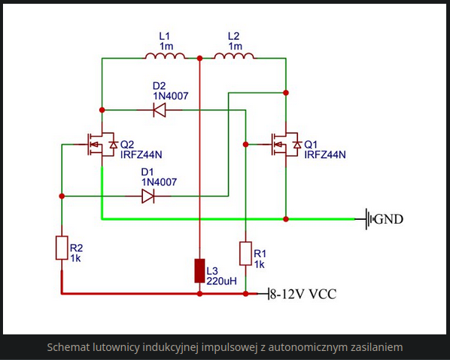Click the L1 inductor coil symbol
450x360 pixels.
tap(165, 56)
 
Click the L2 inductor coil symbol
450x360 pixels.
tap(234, 56)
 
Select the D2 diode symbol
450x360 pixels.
tap(160, 110)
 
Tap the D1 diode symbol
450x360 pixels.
tap(148, 197)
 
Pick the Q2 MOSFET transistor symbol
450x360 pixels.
tap(102, 145)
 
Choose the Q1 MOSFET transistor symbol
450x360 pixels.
tap(286, 145)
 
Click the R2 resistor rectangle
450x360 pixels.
tap(62, 248)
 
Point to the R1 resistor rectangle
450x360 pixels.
tap(245, 253)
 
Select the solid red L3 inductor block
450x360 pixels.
tap(199, 270)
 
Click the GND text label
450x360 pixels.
tap(389, 219)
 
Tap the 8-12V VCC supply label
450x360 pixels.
tap(303, 294)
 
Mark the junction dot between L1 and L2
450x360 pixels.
tap(199, 58)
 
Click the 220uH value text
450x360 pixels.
tap(221, 281)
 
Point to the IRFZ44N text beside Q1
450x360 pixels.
tap(325, 154)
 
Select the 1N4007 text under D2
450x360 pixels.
tap(171, 96)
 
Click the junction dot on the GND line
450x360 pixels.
tap(286, 219)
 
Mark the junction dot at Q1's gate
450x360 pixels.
tap(245, 145)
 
